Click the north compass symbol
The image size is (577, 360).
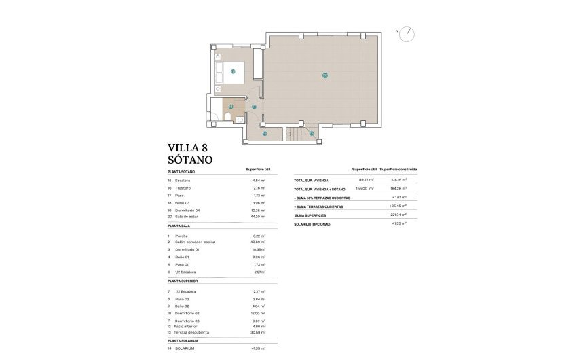pyautogui.click(x=407, y=33)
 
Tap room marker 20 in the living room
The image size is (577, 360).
pyautogui.click(x=325, y=75)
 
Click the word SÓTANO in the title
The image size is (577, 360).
pyautogui.click(x=190, y=160)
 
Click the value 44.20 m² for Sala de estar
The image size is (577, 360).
pyautogui.click(x=255, y=217)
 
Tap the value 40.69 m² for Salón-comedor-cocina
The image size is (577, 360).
pyautogui.click(x=255, y=241)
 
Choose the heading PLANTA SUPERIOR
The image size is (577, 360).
pyautogui.click(x=185, y=280)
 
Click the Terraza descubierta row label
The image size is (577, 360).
pyautogui.click(x=193, y=332)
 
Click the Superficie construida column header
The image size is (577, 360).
pyautogui.click(x=398, y=169)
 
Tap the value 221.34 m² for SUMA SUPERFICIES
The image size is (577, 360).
pyautogui.click(x=399, y=214)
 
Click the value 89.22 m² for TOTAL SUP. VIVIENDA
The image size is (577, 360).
pyautogui.click(x=367, y=180)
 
